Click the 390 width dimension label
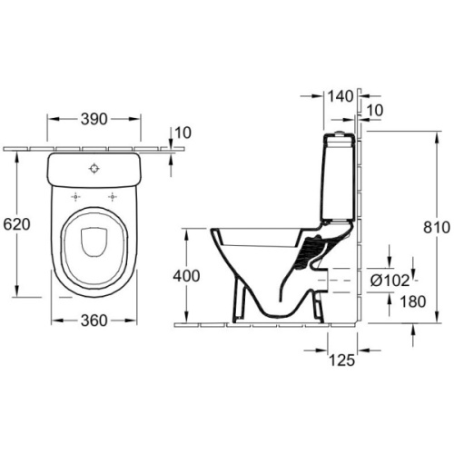coord(94,119)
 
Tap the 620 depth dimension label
coord(17,224)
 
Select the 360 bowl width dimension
coord(94,321)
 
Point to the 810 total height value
coord(437,228)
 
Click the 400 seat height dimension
coord(186,276)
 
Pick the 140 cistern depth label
coord(340,96)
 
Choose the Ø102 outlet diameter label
coord(390,281)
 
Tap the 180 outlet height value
coord(413,301)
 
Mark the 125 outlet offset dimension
coord(341,360)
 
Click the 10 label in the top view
coord(183,133)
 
